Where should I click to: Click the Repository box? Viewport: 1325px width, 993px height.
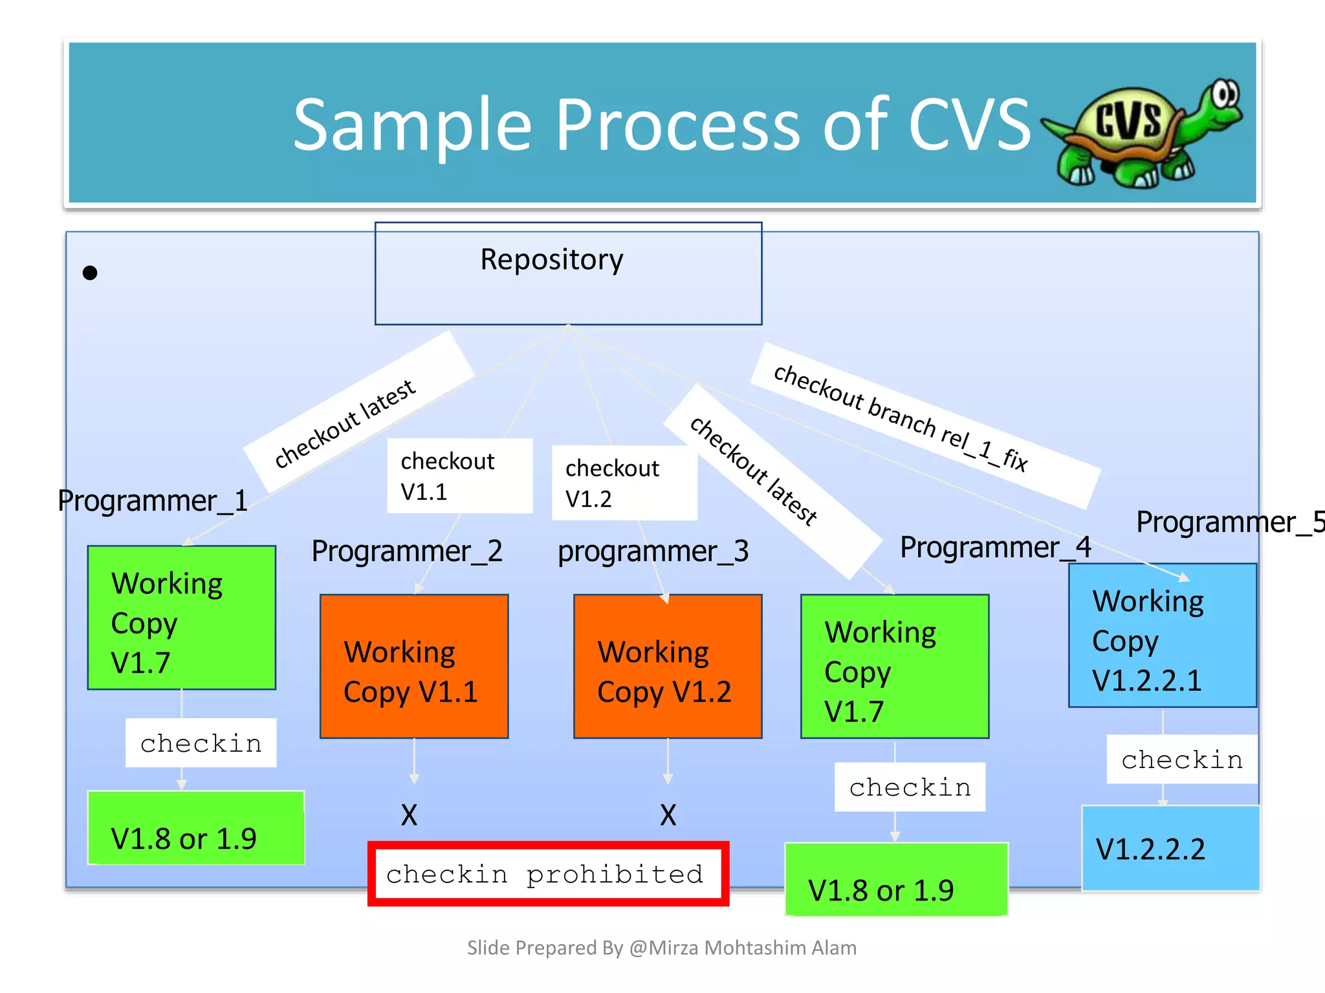[568, 273]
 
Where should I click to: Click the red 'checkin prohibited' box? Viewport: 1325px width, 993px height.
[548, 873]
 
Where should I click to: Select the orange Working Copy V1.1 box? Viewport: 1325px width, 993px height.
[414, 667]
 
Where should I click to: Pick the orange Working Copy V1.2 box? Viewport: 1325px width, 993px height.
[668, 667]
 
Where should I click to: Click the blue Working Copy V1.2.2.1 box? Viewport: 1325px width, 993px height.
[1162, 635]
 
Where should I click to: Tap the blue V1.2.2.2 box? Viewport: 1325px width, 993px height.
[1170, 848]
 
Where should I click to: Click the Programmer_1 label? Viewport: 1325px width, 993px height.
[153, 501]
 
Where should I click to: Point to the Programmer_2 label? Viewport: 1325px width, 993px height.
[407, 551]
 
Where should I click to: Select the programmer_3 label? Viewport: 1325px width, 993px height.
[653, 551]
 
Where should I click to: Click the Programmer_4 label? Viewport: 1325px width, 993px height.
[995, 548]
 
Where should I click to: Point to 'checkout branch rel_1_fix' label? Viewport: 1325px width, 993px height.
[901, 418]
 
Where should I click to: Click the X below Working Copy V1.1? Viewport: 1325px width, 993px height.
[409, 815]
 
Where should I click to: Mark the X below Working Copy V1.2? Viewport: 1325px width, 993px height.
[668, 815]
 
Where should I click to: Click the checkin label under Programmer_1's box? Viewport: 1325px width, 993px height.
[201, 743]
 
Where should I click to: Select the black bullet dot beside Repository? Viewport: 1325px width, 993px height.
[90, 273]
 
